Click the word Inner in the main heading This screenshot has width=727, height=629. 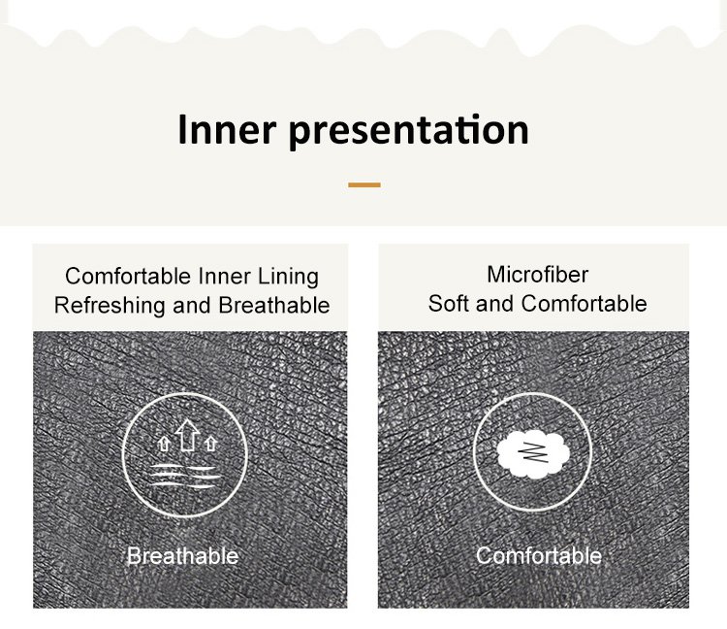pyautogui.click(x=227, y=129)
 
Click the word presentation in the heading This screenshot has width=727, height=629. pyautogui.click(x=409, y=132)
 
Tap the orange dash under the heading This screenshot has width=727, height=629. pyautogui.click(x=364, y=184)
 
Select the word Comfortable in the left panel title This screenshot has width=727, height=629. pyautogui.click(x=128, y=277)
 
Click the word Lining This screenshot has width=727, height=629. pyautogui.click(x=289, y=278)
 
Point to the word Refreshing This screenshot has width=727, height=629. pyautogui.click(x=110, y=306)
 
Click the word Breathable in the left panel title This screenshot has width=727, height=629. pyautogui.click(x=274, y=306)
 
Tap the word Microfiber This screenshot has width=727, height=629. pyautogui.click(x=538, y=275)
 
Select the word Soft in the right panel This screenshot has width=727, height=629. pyautogui.click(x=449, y=304)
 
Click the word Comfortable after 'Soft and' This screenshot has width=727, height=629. pyautogui.click(x=585, y=304)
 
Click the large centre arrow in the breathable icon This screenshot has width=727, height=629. pyautogui.click(x=187, y=435)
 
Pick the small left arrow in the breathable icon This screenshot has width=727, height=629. pyautogui.click(x=164, y=444)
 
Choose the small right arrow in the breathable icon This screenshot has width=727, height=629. pyautogui.click(x=211, y=444)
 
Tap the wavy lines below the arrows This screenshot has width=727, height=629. pyautogui.click(x=185, y=476)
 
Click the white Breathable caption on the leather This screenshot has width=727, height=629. pyautogui.click(x=182, y=555)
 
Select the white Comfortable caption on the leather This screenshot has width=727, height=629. pyautogui.click(x=539, y=555)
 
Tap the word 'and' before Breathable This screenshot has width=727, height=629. pyautogui.click(x=192, y=306)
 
